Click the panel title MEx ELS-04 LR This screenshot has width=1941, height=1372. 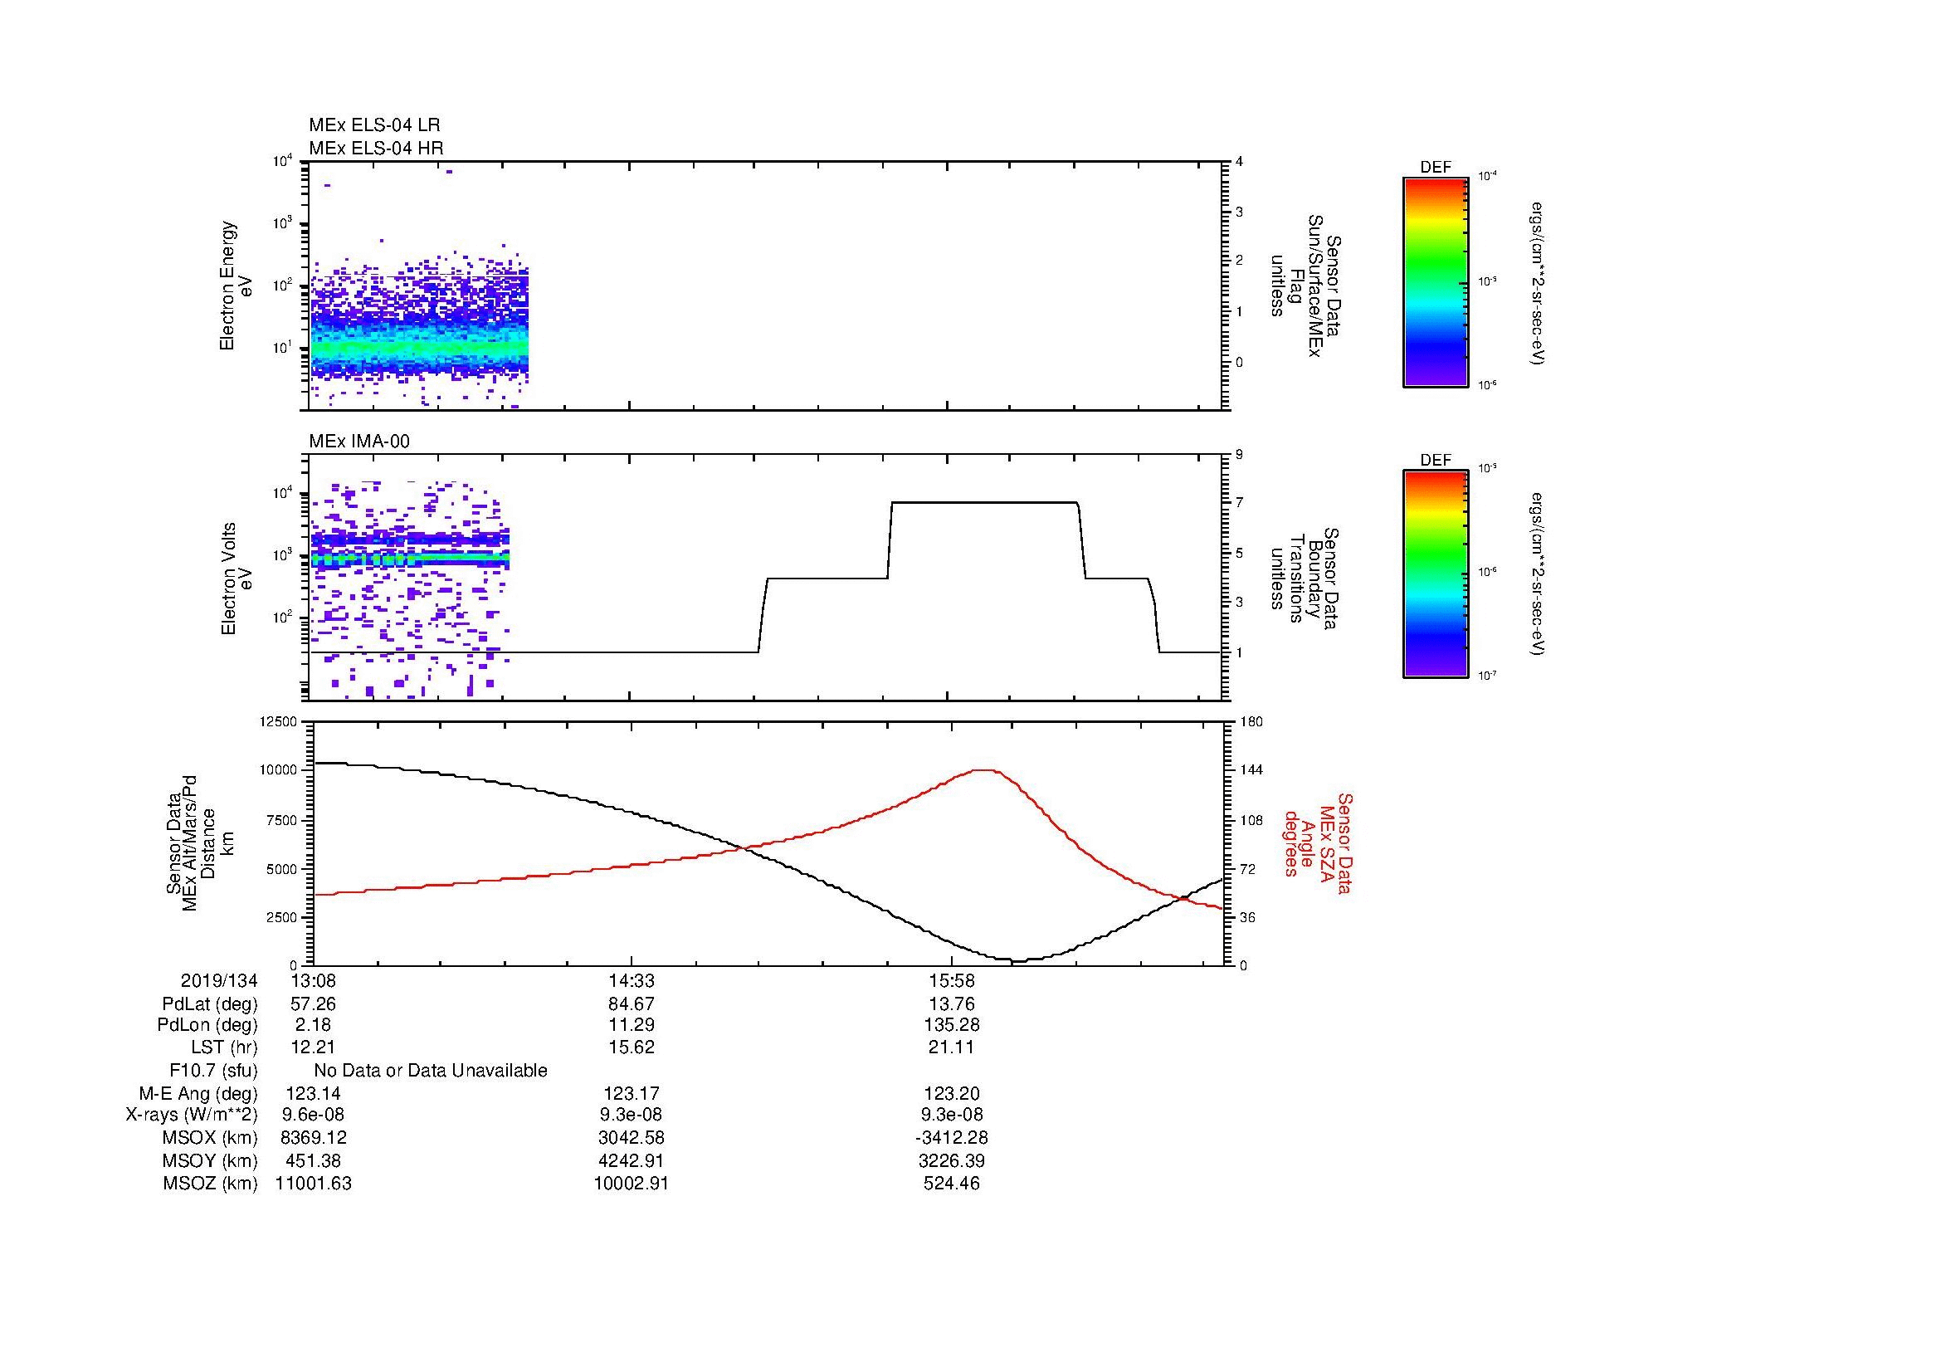tap(373, 125)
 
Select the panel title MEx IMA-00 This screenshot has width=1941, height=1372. tap(359, 442)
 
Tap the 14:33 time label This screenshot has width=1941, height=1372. tap(631, 981)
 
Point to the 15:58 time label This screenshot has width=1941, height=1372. tap(952, 981)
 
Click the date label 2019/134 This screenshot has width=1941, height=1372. tap(219, 981)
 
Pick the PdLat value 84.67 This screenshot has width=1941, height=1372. tap(631, 1004)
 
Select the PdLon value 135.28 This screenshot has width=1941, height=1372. tap(952, 1026)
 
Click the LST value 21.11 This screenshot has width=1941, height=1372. tap(952, 1048)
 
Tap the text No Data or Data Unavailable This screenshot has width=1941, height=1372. tap(431, 1071)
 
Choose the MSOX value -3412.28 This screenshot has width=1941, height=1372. tap(952, 1138)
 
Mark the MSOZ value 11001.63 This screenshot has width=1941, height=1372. tap(314, 1184)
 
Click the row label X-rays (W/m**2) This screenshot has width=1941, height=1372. tap(192, 1116)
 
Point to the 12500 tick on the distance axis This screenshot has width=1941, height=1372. tap(279, 722)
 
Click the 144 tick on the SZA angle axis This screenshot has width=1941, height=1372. tap(1251, 770)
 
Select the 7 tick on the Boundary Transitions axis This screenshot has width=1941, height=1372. tap(1239, 503)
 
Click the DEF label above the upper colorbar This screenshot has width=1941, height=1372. tap(1436, 168)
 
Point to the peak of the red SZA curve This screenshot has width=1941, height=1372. tap(984, 770)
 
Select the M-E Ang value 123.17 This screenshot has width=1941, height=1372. tap(631, 1093)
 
